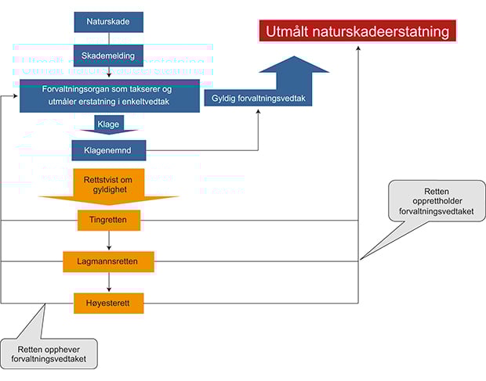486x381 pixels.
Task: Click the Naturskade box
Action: coord(109,21)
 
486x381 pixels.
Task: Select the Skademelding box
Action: coord(109,56)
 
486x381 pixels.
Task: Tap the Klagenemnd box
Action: coord(109,149)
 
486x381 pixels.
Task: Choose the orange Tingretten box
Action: coord(109,220)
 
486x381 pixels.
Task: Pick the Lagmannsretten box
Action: coord(109,261)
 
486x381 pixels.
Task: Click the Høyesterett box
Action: coord(109,303)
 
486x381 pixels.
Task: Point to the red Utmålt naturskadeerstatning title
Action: coord(357,32)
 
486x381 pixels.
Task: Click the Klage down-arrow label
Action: coord(109,124)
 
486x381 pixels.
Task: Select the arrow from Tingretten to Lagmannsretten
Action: coord(109,241)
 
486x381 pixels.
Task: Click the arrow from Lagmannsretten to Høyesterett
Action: coord(109,282)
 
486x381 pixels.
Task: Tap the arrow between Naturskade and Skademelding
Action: coord(109,39)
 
